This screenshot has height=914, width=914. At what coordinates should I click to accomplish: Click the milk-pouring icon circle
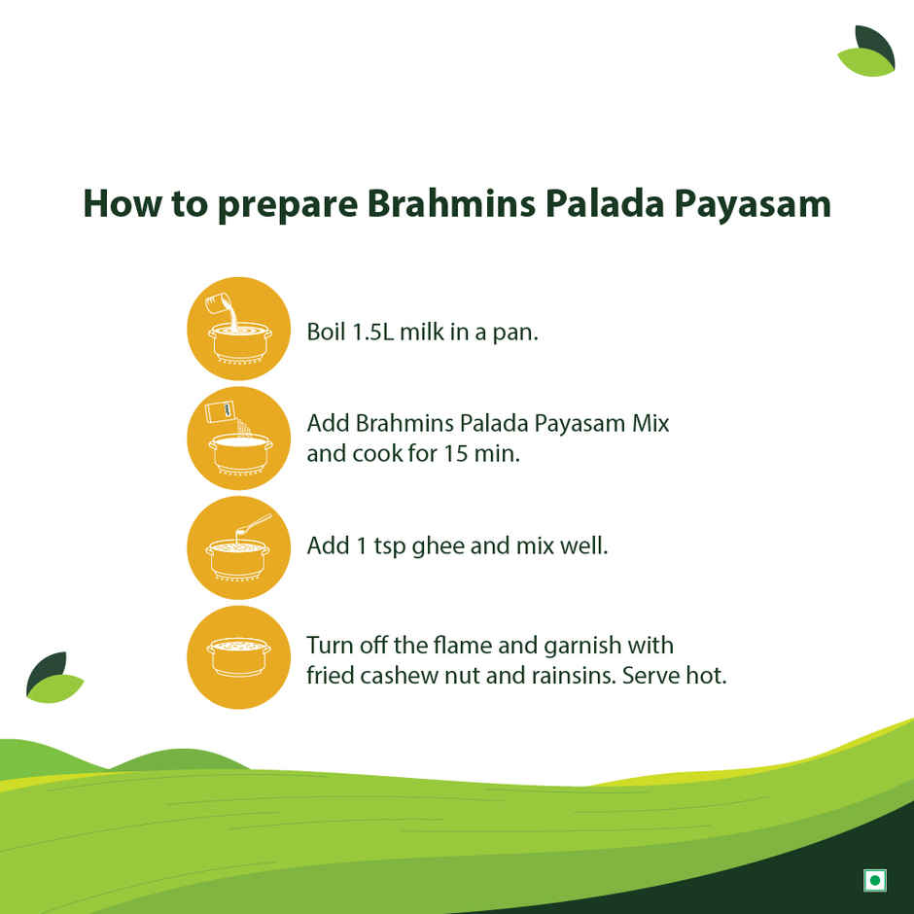pyautogui.click(x=238, y=329)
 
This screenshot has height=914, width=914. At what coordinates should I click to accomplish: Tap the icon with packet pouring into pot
pyautogui.click(x=238, y=438)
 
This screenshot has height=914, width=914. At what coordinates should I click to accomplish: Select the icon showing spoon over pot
pyautogui.click(x=238, y=547)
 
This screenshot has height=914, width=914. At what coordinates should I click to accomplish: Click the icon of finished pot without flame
pyautogui.click(x=238, y=656)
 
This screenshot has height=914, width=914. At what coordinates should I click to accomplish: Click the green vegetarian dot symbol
pyautogui.click(x=874, y=880)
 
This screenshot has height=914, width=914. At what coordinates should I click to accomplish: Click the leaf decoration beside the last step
pyautogui.click(x=53, y=677)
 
